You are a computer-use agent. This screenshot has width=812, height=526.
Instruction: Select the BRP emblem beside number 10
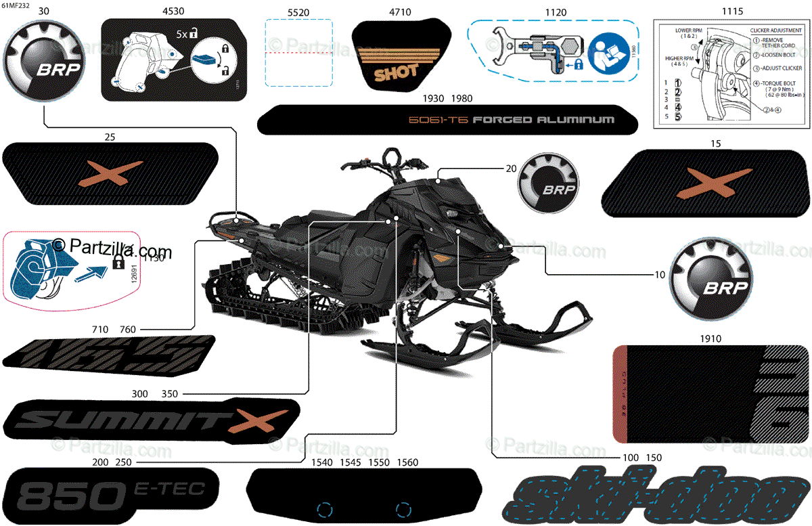pos(710,276)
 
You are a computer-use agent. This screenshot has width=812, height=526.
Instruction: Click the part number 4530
pos(174,12)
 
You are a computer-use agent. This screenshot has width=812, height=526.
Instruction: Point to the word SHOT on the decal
pos(396,70)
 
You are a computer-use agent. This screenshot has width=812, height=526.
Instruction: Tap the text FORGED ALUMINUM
pos(543,120)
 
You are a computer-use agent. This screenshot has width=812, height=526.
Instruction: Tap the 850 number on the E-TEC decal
pos(63,497)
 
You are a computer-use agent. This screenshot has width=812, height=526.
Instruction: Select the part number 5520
pos(298,12)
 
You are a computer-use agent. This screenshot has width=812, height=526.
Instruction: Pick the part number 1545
pos(350,463)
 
